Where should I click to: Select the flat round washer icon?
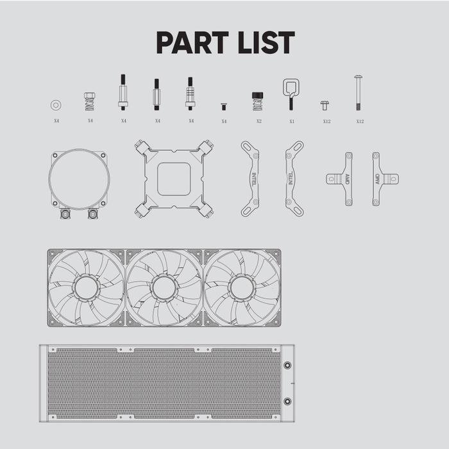(56, 105)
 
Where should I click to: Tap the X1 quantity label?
(292, 121)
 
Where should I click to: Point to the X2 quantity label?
(259, 121)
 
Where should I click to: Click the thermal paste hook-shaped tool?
(291, 94)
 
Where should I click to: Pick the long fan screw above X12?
(358, 93)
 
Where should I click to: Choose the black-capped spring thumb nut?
(257, 101)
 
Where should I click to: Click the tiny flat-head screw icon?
(224, 106)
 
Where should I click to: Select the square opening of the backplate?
(174, 179)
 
